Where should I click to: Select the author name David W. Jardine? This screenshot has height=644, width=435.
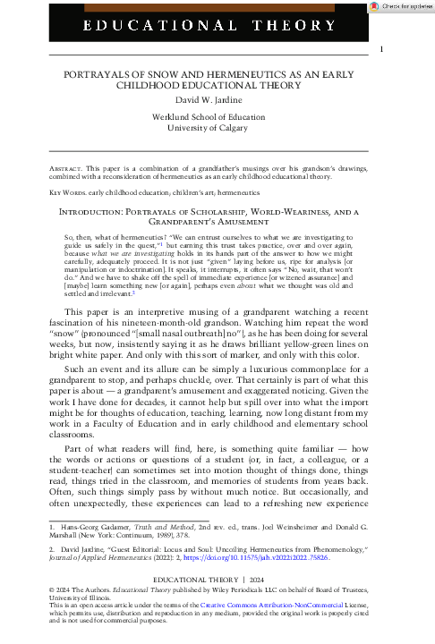click(216, 97)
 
